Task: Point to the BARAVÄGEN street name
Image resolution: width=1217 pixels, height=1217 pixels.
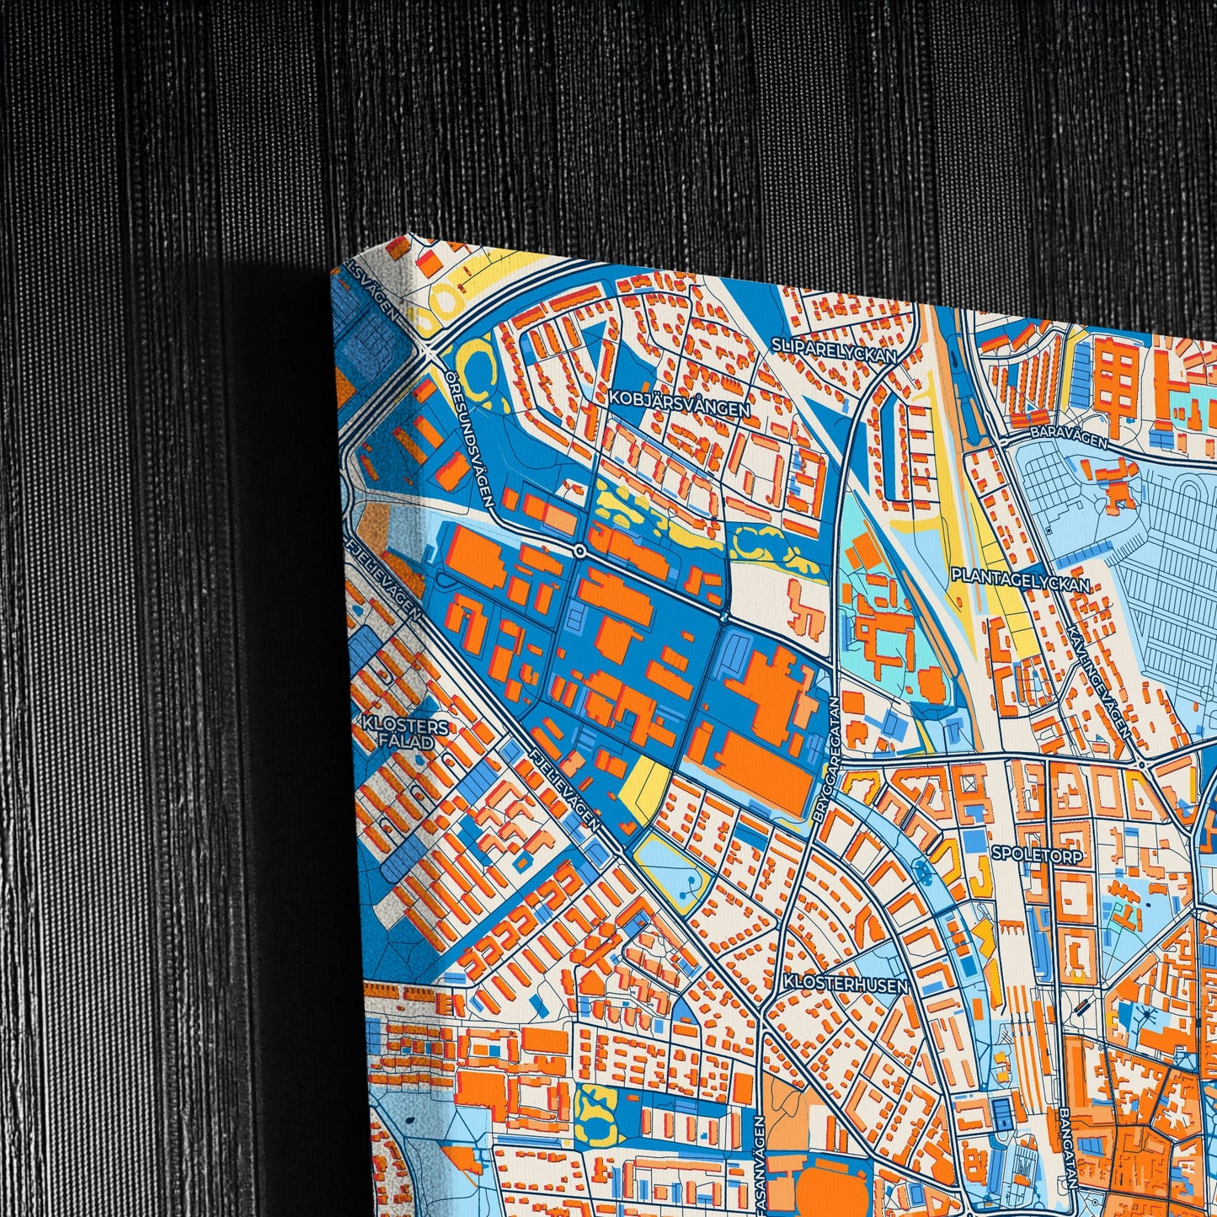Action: pyautogui.click(x=1068, y=434)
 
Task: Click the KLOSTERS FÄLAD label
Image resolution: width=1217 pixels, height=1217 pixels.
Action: pyautogui.click(x=394, y=733)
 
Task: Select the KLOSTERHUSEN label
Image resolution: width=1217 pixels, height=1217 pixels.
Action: pyautogui.click(x=845, y=983)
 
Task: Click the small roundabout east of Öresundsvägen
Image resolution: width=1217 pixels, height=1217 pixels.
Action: pyautogui.click(x=580, y=551)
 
